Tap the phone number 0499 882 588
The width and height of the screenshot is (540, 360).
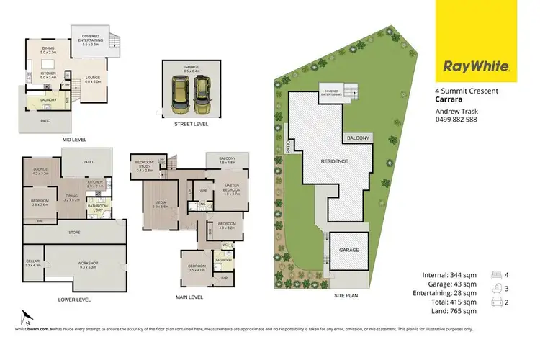pyautogui.click(x=456, y=120)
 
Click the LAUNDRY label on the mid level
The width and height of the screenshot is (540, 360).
pyautogui.click(x=49, y=102)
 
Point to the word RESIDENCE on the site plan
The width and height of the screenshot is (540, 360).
pyautogui.click(x=334, y=161)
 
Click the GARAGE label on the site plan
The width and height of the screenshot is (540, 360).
pyautogui.click(x=350, y=249)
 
